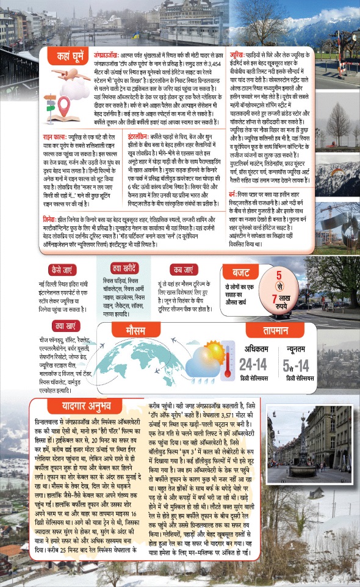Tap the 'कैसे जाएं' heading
65,269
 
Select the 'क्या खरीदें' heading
126,269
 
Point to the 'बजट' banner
237,272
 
